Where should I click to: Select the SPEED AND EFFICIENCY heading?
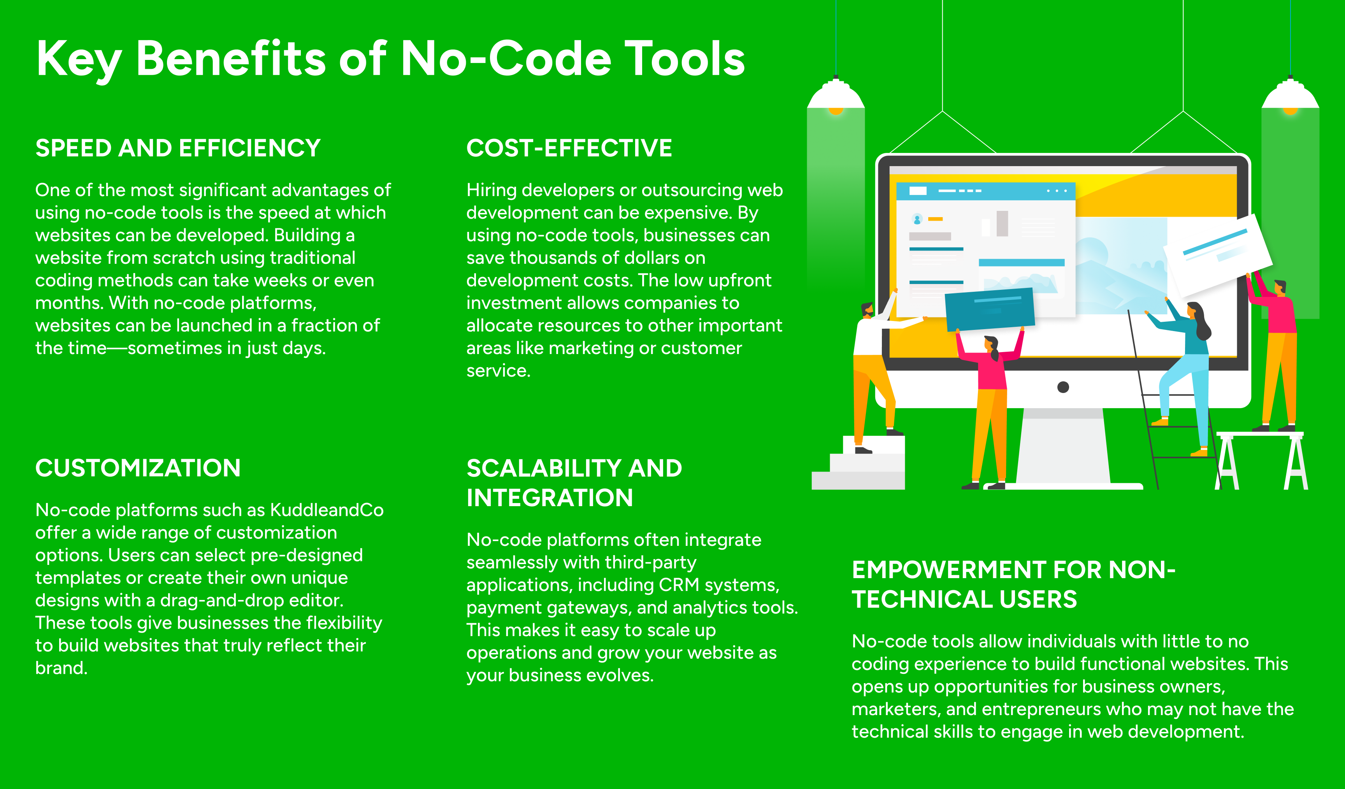pos(178,148)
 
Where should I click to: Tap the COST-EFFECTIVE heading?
pos(569,148)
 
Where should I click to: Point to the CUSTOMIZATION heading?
pos(138,468)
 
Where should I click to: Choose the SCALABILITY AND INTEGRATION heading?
pos(574,483)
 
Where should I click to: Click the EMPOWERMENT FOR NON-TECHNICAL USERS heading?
pos(1013,584)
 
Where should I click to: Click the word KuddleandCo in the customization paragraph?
pos(327,510)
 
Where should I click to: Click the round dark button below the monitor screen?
pos(1063,387)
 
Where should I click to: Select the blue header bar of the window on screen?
pos(985,191)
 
